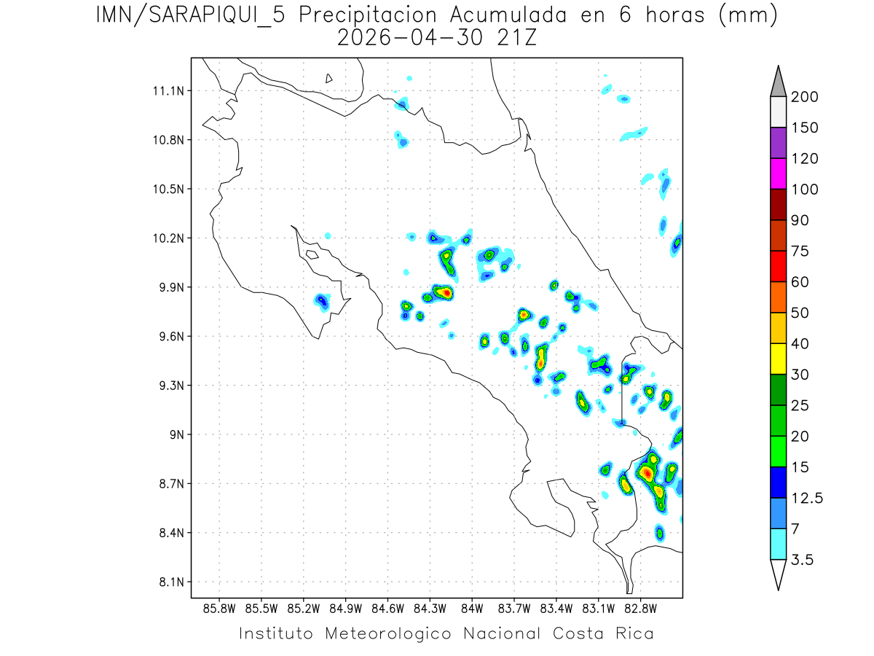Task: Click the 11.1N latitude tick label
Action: click(166, 91)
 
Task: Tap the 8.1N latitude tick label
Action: click(168, 582)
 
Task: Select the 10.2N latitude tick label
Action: click(166, 238)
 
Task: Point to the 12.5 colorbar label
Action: click(807, 498)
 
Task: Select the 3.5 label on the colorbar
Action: click(803, 560)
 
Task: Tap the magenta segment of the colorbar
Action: click(778, 173)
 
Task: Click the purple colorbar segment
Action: click(778, 143)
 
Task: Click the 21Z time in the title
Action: click(516, 38)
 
